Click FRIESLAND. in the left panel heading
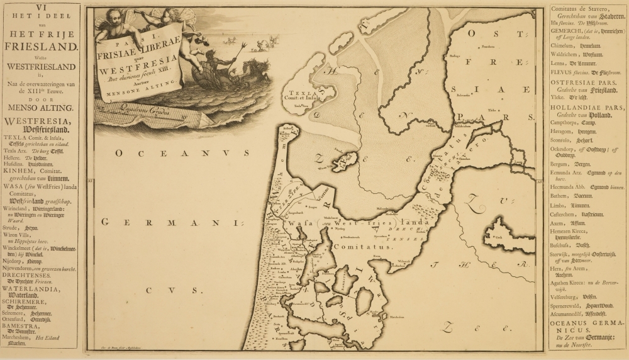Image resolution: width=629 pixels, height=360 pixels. pos(40,46)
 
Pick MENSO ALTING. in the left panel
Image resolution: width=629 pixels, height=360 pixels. pos(40,107)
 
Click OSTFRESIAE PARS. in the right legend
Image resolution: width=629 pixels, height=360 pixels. pos(581,82)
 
